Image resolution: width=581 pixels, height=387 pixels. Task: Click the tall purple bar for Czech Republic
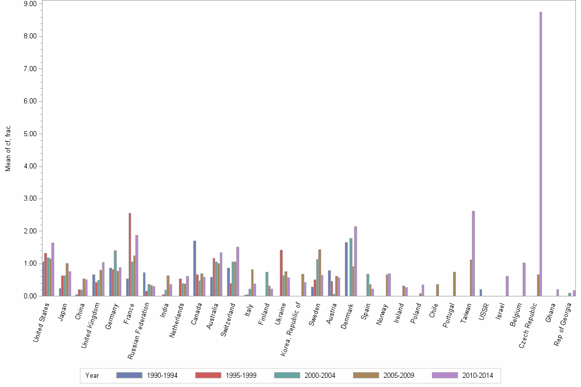pyautogui.click(x=541, y=154)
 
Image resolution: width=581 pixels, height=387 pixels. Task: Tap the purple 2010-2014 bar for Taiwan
pyautogui.click(x=473, y=253)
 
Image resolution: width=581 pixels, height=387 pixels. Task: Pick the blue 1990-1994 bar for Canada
pyautogui.click(x=195, y=268)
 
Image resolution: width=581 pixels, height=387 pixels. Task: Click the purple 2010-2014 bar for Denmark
pyautogui.click(x=355, y=261)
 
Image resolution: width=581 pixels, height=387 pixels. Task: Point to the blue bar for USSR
pyautogui.click(x=481, y=293)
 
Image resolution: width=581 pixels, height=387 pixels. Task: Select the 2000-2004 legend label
pyautogui.click(x=320, y=376)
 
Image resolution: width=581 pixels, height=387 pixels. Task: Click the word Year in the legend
pyautogui.click(x=92, y=376)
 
